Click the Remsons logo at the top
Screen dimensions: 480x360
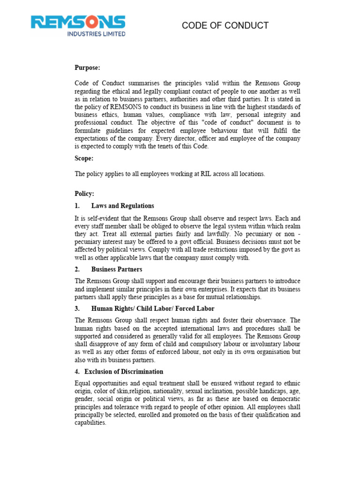pyautogui.click(x=78, y=22)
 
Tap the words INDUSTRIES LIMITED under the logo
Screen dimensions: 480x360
pyautogui.click(x=96, y=34)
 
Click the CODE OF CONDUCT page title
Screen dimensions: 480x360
pyautogui.click(x=225, y=25)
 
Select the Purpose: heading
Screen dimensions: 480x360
pyautogui.click(x=88, y=68)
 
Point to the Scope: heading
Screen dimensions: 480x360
pyautogui.click(x=84, y=158)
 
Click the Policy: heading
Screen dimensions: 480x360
pyautogui.click(x=85, y=194)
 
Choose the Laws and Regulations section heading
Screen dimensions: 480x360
pyautogui.click(x=122, y=206)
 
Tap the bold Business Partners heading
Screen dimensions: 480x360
pyautogui.click(x=117, y=270)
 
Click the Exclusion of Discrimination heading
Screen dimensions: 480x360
pyautogui.click(x=124, y=372)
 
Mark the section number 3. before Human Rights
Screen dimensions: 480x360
pyautogui.click(x=77, y=308)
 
